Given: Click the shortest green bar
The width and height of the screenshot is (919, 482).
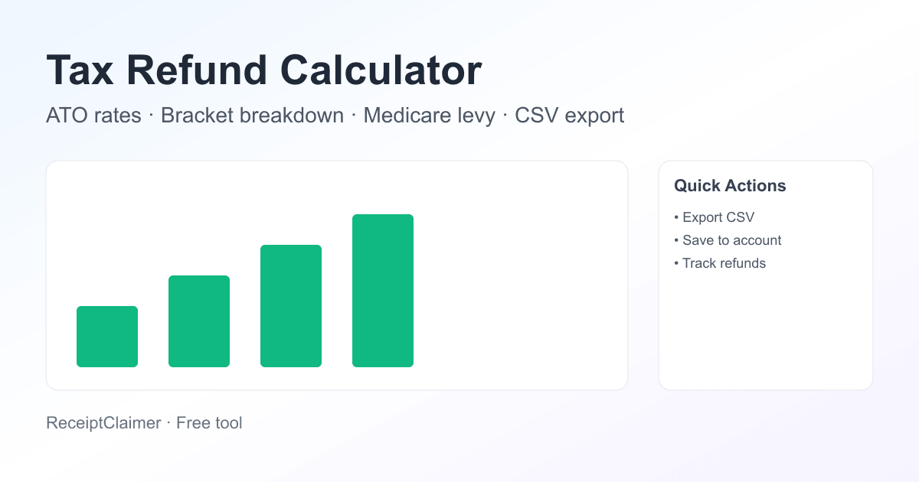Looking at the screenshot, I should (x=107, y=337).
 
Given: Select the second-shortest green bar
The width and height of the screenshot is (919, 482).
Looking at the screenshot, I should (x=199, y=321).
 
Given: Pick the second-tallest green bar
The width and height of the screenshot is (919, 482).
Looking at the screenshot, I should (x=291, y=306).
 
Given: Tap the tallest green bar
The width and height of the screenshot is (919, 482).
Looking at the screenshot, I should (x=383, y=291).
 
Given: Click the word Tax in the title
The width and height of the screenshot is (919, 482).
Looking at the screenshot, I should (x=80, y=70).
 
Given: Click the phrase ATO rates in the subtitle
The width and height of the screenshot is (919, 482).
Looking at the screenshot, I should (x=93, y=116).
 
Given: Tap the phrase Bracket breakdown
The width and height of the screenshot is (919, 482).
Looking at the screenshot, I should (x=252, y=116).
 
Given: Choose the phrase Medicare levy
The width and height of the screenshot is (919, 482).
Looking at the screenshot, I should (x=429, y=116).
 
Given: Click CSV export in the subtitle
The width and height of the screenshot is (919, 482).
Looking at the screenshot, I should (x=569, y=116).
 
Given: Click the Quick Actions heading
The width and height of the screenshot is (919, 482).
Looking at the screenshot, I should (x=730, y=186).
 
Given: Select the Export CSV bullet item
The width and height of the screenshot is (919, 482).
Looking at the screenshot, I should (x=718, y=217).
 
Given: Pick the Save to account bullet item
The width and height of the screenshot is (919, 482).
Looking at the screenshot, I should (x=731, y=240).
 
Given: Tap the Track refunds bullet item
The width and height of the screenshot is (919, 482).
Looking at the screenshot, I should (x=724, y=263).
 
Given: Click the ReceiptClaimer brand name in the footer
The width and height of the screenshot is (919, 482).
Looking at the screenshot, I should (x=103, y=422).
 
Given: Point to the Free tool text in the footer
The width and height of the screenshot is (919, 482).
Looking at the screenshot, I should (x=209, y=422).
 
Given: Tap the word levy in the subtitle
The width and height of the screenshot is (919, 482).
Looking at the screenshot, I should (x=477, y=116).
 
